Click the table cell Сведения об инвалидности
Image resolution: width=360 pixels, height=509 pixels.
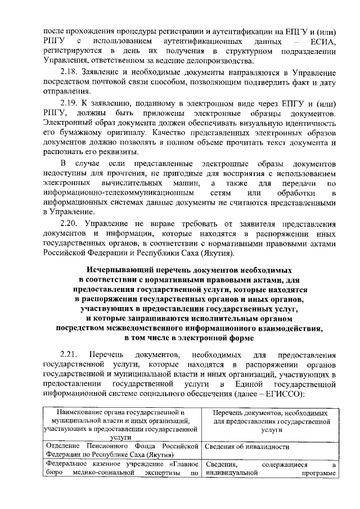click(247, 447)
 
